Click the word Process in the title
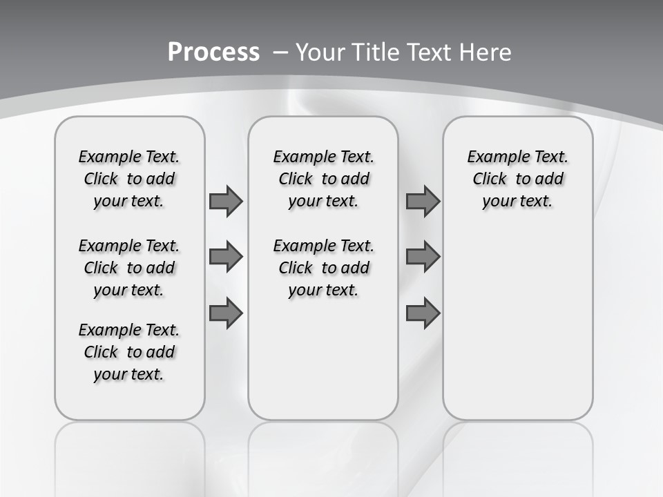(x=213, y=52)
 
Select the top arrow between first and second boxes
(x=226, y=201)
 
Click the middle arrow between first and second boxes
(x=226, y=257)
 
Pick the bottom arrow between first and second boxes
(x=226, y=313)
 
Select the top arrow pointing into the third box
(x=423, y=201)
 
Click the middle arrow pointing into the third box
(x=423, y=257)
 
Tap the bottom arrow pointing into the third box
(x=423, y=313)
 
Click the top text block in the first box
(x=129, y=179)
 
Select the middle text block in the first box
(x=129, y=268)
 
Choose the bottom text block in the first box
(x=129, y=352)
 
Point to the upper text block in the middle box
(x=323, y=179)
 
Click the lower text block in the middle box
(x=323, y=268)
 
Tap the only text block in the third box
(x=517, y=179)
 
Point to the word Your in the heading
(x=321, y=52)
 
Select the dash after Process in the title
(x=280, y=52)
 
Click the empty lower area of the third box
(x=517, y=331)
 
